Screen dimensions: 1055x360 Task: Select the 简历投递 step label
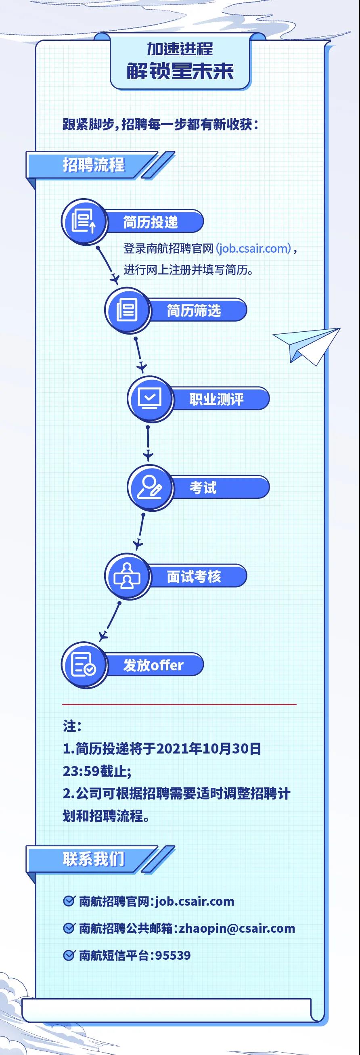[x=151, y=222]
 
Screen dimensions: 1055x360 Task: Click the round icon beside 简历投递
[x=84, y=222]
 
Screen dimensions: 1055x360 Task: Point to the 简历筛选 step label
[x=194, y=310]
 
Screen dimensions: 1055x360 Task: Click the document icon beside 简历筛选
[x=127, y=310]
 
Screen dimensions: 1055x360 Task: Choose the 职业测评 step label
[x=216, y=399]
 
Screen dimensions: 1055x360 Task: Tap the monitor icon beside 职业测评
[x=149, y=398]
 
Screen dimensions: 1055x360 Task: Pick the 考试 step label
[x=203, y=488]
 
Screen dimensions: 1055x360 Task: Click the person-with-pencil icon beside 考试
[x=149, y=488]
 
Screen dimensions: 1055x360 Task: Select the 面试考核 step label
[x=194, y=576]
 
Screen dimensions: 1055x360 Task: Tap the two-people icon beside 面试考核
[x=127, y=576]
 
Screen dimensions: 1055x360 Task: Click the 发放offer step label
[x=153, y=665]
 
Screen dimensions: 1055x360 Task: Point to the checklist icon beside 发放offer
[x=84, y=665]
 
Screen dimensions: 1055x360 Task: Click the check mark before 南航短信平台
[x=68, y=955]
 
